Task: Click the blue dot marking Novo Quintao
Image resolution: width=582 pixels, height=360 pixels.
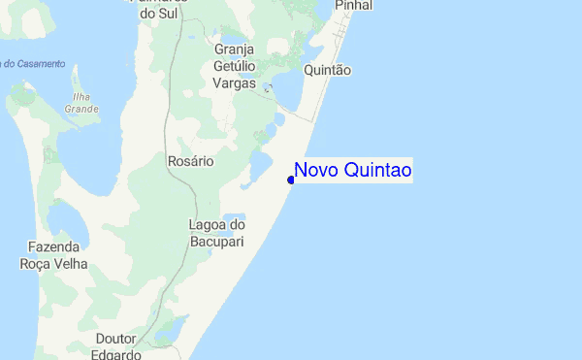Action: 291,180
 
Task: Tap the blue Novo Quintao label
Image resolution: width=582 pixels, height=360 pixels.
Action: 352,171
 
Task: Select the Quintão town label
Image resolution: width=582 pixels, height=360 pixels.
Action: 327,71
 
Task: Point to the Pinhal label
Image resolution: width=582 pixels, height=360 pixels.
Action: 353,6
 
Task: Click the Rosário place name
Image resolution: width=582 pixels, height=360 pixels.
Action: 189,161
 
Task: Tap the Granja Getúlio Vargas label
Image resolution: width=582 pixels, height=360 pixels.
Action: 235,67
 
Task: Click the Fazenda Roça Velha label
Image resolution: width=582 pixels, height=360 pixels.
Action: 53,255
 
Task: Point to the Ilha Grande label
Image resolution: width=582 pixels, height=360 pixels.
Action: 81,103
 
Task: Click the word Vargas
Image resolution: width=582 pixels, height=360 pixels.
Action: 236,82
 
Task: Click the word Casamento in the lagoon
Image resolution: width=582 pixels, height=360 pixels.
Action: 39,64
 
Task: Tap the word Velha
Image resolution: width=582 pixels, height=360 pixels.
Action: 69,263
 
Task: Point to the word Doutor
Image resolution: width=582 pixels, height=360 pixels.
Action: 116,339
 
